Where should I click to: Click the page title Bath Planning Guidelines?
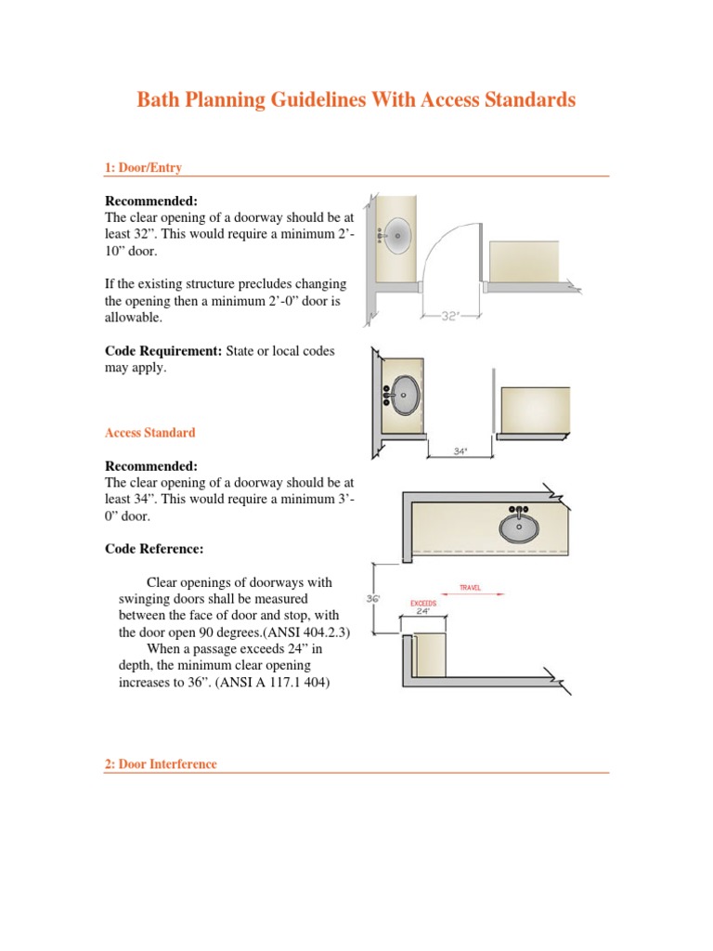356,100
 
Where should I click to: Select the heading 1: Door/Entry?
143,168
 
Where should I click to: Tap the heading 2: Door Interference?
161,764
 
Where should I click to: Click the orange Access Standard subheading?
150,433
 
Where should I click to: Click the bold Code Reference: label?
154,549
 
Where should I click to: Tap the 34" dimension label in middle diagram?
460,451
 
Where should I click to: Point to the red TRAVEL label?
471,588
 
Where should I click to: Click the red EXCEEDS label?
423,603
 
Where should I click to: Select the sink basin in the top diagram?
398,236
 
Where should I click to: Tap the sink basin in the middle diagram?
404,395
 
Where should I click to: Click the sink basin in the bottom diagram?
518,527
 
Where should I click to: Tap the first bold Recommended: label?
151,201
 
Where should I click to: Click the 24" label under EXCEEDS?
423,612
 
